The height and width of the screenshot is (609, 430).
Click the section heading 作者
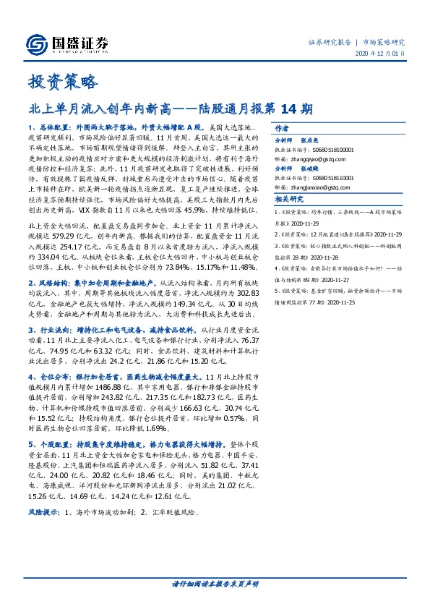(x=283, y=124)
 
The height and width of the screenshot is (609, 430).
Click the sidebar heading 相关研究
(x=288, y=199)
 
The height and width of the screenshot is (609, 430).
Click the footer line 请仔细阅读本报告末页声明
(x=215, y=582)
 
